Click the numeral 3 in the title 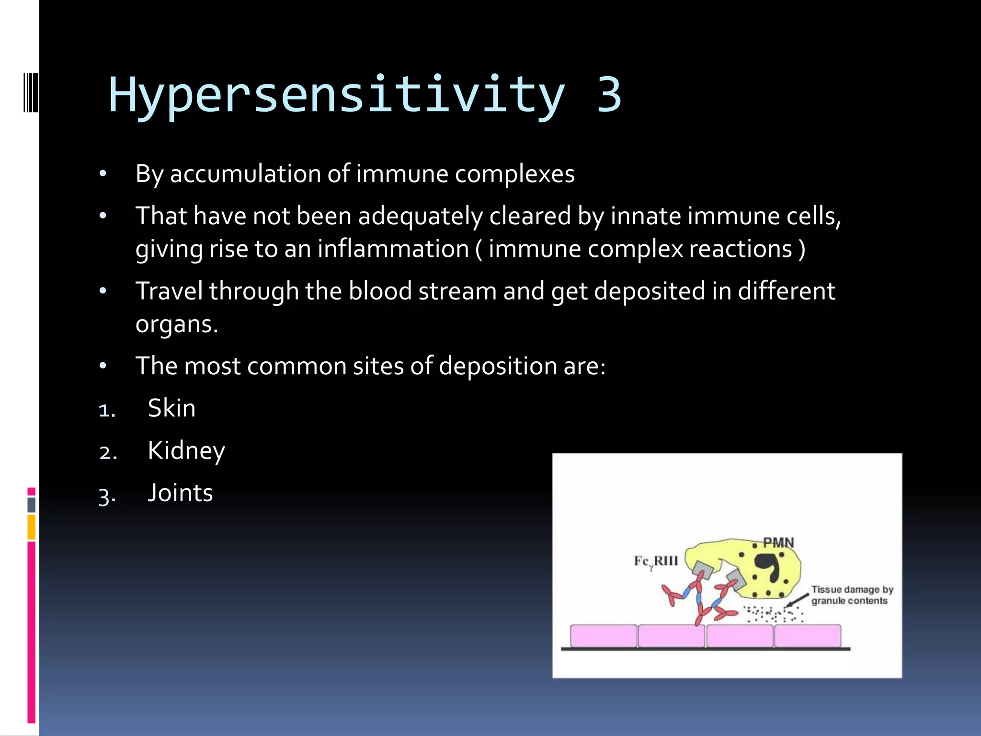tap(609, 94)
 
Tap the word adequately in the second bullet tap(421, 216)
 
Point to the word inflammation tap(393, 249)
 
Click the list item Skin tap(171, 409)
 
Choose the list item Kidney tap(186, 451)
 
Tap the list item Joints tap(180, 493)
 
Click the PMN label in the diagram tap(778, 543)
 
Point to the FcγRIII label tap(656, 562)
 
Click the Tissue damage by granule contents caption tap(852, 595)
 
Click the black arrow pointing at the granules tap(796, 599)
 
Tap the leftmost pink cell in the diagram tap(604, 636)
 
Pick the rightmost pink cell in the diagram tap(808, 636)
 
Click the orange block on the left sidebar tap(32, 527)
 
